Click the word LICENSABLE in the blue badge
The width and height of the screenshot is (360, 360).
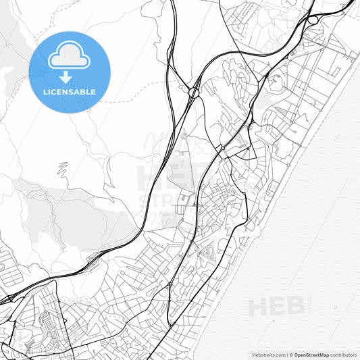click(70, 92)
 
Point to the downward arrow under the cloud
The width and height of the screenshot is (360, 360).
click(66, 76)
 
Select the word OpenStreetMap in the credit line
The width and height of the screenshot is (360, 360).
click(311, 354)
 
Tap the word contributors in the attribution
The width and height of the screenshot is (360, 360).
click(344, 354)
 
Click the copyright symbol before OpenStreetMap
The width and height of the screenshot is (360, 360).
click(291, 354)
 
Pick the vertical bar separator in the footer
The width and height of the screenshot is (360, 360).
click(286, 354)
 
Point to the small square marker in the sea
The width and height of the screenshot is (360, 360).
click(336, 307)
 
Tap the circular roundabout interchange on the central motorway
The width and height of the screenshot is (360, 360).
click(194, 92)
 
